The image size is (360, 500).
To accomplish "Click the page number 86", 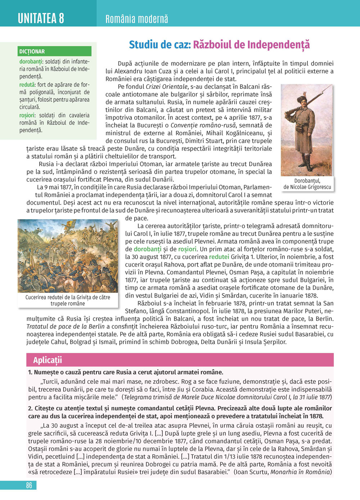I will (x=29, y=485).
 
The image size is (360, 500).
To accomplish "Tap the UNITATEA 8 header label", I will (x=41, y=18).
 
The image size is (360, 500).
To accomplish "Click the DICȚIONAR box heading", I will (x=32, y=51).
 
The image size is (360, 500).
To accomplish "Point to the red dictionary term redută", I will (x=27, y=85).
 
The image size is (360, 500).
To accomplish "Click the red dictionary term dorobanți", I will (x=31, y=62).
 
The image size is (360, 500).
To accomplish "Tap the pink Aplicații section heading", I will (x=48, y=360).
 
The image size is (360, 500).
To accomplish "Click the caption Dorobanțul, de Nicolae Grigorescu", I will (x=307, y=184).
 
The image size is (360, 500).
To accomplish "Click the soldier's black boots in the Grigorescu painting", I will (x=307, y=164).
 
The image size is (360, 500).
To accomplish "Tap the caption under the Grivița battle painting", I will (x=68, y=300).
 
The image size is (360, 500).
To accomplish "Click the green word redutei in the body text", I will (x=219, y=257).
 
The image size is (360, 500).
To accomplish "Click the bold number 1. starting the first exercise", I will (x=30, y=372).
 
